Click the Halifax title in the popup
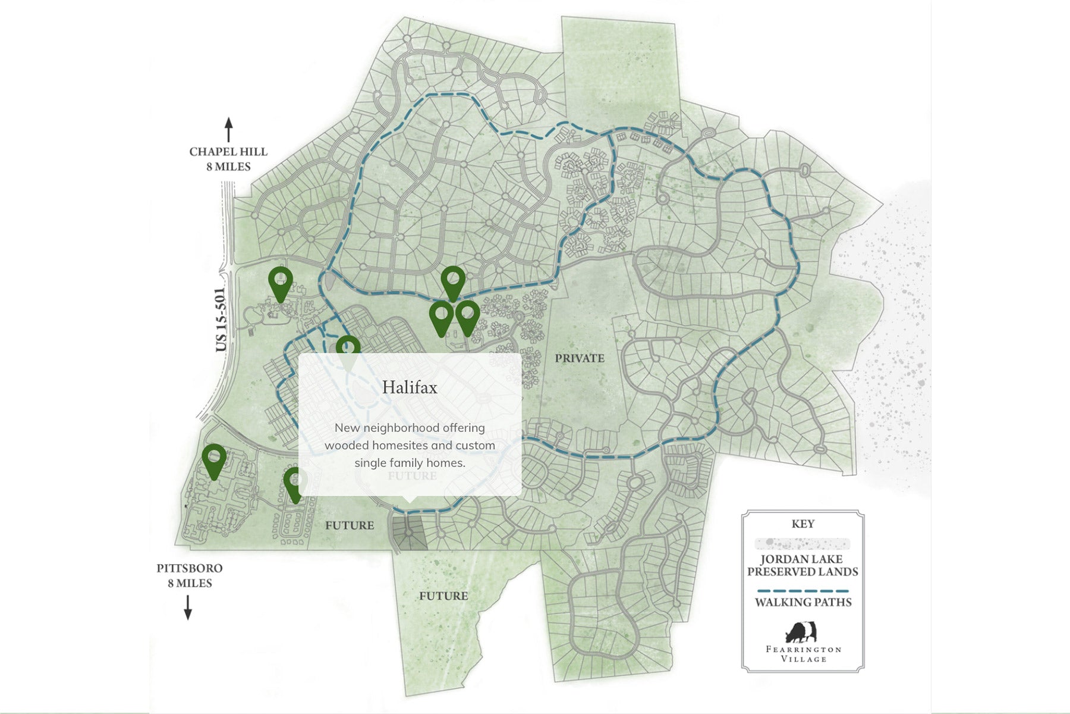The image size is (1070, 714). click(410, 387)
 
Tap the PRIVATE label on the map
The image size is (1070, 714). click(580, 358)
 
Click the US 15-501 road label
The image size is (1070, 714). click(221, 320)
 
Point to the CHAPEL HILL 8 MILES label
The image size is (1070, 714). click(228, 159)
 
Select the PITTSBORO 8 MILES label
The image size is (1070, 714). click(190, 575)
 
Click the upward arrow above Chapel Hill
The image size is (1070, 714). click(228, 130)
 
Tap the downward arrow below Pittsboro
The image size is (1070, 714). click(188, 607)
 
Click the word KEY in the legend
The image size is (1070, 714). click(802, 524)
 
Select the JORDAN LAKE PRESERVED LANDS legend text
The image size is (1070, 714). click(802, 565)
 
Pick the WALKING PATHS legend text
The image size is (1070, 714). click(803, 602)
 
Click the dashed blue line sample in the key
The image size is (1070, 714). click(802, 591)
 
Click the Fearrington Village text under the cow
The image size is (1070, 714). click(803, 654)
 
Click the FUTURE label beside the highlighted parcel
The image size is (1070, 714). click(350, 525)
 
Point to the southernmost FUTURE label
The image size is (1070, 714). click(443, 596)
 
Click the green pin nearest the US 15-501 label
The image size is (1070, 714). click(281, 281)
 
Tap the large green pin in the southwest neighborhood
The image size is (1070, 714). click(214, 459)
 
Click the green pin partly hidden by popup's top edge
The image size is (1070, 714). click(348, 347)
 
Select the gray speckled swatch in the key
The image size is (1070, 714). click(802, 543)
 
